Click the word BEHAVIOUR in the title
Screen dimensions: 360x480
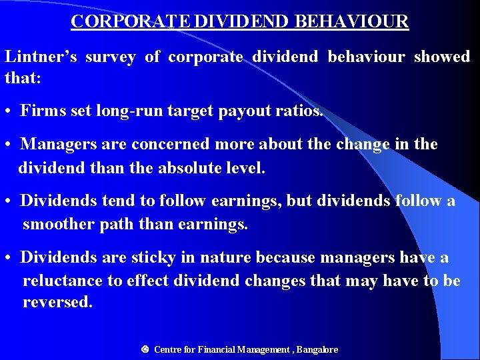pyautogui.click(x=351, y=21)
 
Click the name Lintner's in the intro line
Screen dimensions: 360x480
pyautogui.click(x=41, y=57)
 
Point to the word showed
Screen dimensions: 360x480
pyautogui.click(x=442, y=57)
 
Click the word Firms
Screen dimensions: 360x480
pyautogui.click(x=42, y=111)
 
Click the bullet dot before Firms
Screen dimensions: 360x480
pyautogui.click(x=10, y=111)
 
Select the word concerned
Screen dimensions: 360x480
pyautogui.click(x=165, y=144)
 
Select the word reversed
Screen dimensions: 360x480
pyautogui.click(x=57, y=302)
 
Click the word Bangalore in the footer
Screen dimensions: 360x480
pyautogui.click(x=317, y=349)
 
